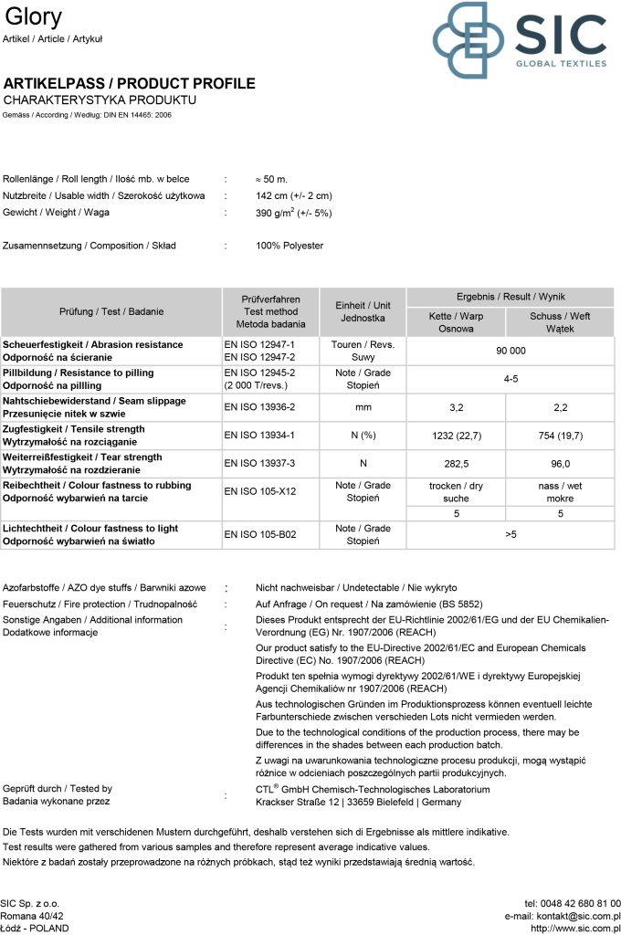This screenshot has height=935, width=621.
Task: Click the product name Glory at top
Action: point(34,16)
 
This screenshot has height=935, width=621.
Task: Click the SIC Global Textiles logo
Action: point(519,40)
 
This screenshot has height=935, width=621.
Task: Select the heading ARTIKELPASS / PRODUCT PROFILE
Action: point(130,84)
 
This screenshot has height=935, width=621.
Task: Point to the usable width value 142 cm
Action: point(294,195)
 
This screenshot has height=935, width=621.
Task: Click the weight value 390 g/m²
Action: point(293,213)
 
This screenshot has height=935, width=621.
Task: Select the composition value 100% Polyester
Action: point(289,246)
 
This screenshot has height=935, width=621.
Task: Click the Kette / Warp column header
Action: point(456,322)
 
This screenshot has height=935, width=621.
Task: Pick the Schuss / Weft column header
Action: point(560,322)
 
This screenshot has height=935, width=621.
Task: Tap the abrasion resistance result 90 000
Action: point(510,351)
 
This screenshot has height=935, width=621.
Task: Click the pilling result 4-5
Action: point(510,379)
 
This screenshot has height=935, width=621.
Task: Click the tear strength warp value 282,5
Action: point(456,464)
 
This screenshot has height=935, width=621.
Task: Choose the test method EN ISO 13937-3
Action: point(259,464)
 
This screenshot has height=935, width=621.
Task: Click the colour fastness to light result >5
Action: point(510,534)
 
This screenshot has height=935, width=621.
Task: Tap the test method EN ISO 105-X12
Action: point(259,491)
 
